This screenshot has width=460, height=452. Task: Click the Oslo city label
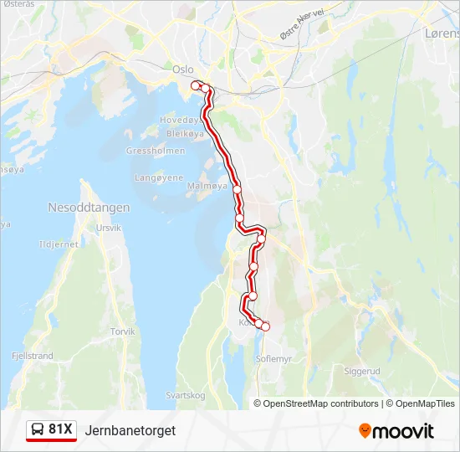[182, 70]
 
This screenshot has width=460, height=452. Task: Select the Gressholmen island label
[149, 152]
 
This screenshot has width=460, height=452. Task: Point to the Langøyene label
[159, 177]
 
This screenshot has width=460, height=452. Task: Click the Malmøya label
[207, 186]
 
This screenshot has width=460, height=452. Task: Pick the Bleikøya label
[185, 133]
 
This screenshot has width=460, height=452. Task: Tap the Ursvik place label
[110, 228]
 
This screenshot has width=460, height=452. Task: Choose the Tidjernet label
[59, 244]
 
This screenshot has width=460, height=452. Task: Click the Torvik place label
[123, 331]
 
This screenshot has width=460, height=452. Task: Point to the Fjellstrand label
[33, 356]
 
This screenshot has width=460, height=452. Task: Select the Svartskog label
[186, 395]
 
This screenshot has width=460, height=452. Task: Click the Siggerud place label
[362, 369]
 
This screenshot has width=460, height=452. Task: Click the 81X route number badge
[61, 429]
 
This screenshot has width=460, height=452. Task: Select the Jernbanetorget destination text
[130, 430]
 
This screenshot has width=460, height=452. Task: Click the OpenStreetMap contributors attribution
[321, 403]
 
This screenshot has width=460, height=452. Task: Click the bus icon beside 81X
[38, 430]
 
